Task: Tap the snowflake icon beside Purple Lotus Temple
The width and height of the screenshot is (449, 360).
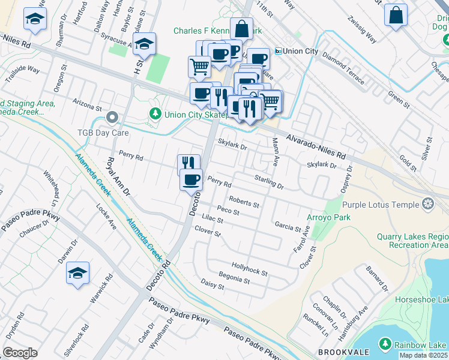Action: click(x=428, y=204)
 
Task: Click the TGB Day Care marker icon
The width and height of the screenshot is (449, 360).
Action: click(x=111, y=117)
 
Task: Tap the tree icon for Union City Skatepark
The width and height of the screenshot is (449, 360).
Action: click(x=155, y=113)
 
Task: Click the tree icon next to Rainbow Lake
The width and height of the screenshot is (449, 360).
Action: click(x=385, y=344)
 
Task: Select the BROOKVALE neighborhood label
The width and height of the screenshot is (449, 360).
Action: click(x=340, y=352)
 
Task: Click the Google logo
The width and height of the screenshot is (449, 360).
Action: click(x=20, y=353)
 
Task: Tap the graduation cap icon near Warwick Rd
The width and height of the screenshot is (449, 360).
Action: click(x=78, y=273)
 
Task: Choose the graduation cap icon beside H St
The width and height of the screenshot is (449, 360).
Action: click(x=144, y=44)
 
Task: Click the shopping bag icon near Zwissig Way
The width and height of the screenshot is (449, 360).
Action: click(x=396, y=16)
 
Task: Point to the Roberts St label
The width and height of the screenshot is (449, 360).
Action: click(x=244, y=202)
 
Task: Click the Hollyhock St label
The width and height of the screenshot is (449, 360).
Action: click(x=249, y=268)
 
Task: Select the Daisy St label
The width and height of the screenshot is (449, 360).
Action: click(x=212, y=284)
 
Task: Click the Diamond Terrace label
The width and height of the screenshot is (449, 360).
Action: click(x=343, y=67)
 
